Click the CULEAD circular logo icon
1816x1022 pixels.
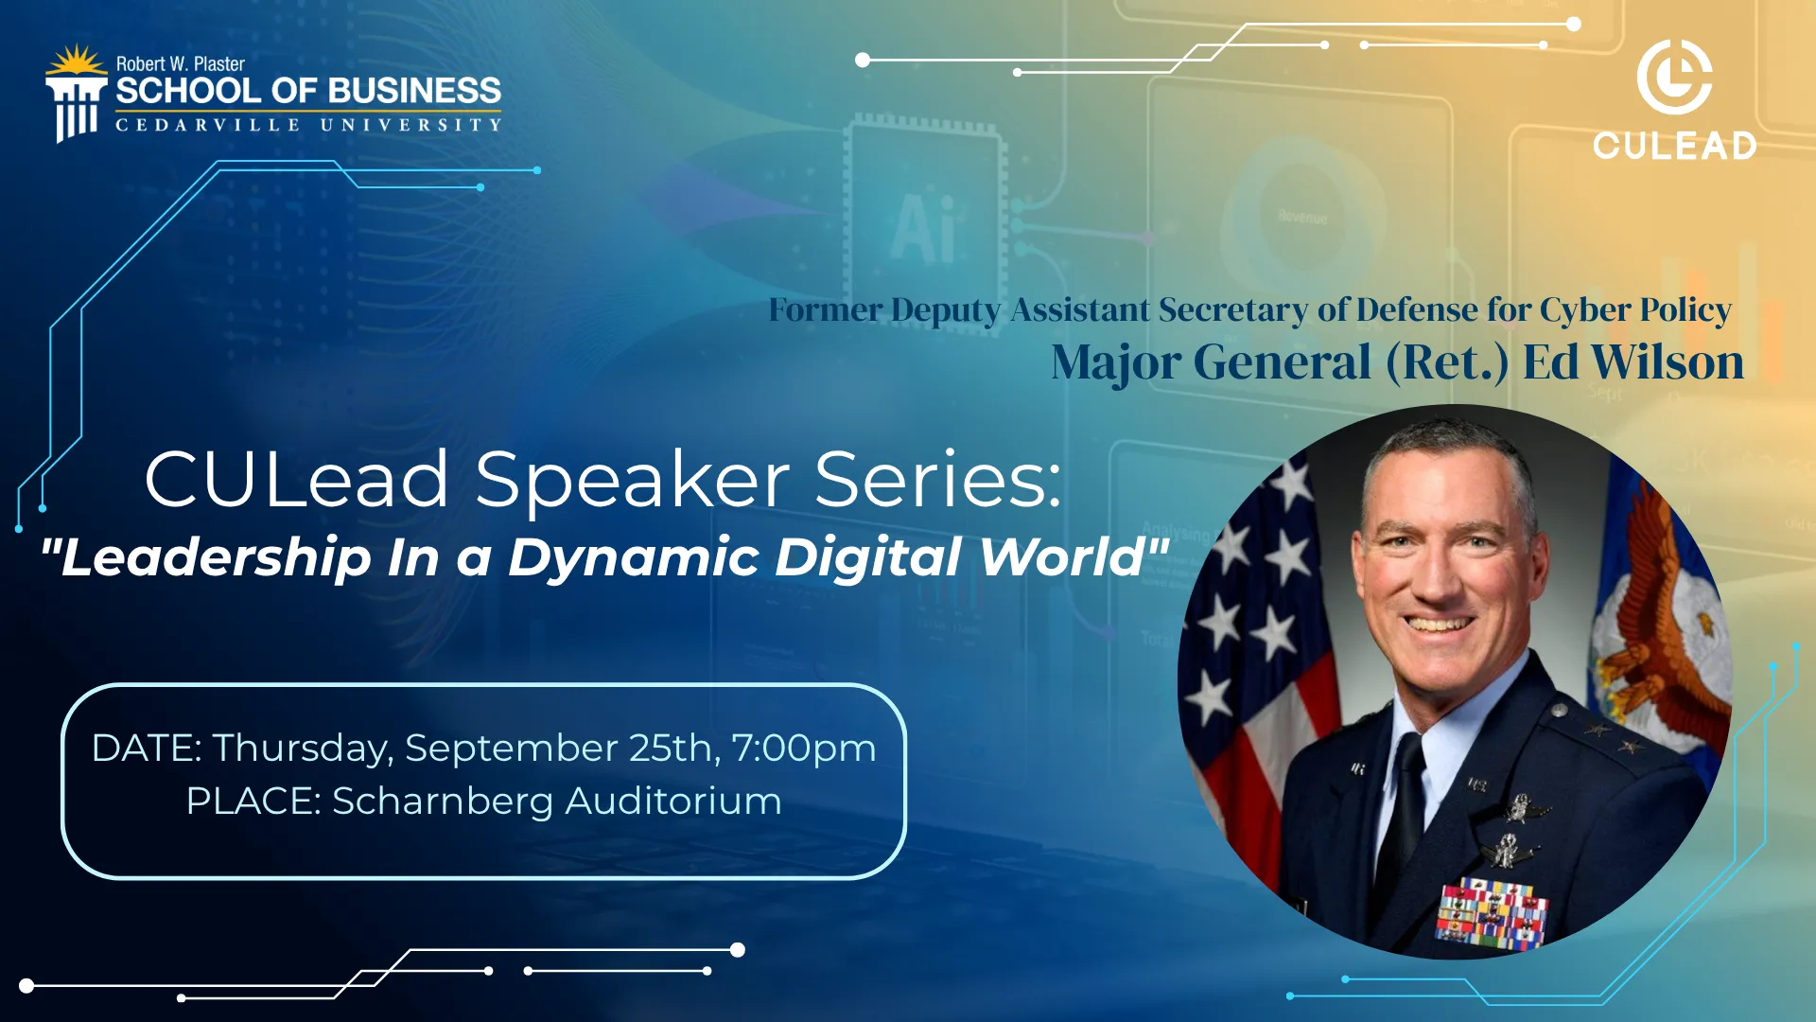tap(1674, 78)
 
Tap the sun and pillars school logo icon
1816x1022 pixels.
tap(76, 94)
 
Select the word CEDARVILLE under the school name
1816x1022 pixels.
tap(208, 125)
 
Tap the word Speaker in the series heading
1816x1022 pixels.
tap(632, 479)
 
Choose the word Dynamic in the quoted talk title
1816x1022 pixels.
tap(634, 557)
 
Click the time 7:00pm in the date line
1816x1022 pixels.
tap(804, 749)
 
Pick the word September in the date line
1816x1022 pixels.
tap(512, 749)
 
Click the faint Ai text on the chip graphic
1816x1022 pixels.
tap(922, 227)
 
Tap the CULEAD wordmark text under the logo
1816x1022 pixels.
tap(1674, 146)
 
